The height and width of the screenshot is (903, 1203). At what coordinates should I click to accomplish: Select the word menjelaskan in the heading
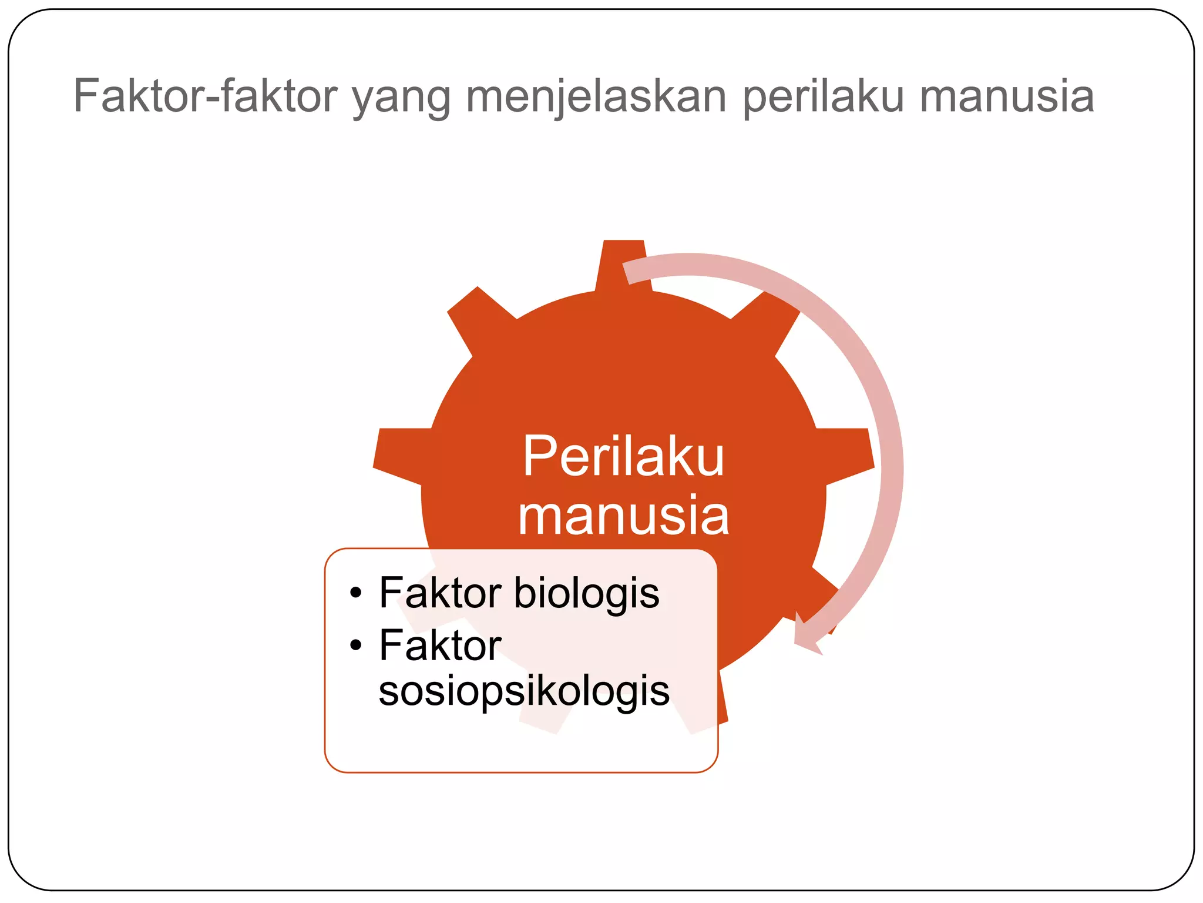click(597, 97)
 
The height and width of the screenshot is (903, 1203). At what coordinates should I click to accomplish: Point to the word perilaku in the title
click(823, 97)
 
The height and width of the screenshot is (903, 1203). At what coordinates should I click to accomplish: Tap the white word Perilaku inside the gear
click(623, 457)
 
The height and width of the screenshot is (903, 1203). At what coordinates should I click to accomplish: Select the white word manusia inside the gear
click(623, 516)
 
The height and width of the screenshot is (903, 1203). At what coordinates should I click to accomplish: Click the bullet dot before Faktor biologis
click(355, 594)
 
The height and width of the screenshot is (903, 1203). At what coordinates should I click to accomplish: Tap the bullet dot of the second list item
click(355, 646)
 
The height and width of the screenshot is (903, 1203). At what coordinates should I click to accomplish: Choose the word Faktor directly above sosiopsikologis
click(440, 645)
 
